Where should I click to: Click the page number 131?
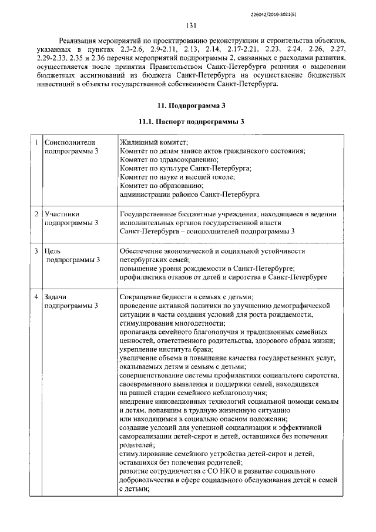(x=190, y=25)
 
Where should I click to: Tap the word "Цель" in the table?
(x=53, y=251)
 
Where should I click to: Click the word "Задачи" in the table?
(x=58, y=297)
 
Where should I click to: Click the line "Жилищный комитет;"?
(x=153, y=143)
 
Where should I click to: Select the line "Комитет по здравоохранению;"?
(x=169, y=160)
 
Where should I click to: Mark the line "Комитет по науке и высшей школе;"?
(x=177, y=177)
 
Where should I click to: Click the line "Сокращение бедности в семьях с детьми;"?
(x=186, y=297)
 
